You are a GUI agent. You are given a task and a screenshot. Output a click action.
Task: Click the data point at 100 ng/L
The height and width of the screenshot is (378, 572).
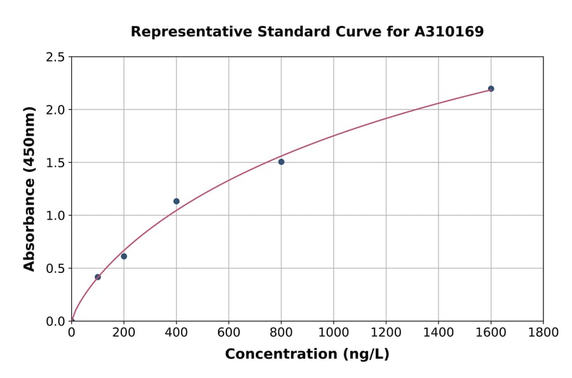click(x=97, y=277)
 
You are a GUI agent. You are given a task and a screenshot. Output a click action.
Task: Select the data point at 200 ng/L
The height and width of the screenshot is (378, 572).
click(x=124, y=256)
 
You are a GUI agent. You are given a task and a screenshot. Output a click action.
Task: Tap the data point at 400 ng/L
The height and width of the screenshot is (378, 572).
click(x=176, y=201)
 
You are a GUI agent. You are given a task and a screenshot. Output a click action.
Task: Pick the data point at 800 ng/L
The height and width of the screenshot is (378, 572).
click(x=281, y=162)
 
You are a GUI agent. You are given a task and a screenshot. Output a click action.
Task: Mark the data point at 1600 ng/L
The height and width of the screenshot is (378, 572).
click(x=491, y=88)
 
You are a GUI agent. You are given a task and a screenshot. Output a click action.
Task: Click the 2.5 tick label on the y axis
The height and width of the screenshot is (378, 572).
click(x=56, y=57)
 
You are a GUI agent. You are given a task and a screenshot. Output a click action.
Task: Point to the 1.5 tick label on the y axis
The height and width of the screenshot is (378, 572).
click(x=56, y=163)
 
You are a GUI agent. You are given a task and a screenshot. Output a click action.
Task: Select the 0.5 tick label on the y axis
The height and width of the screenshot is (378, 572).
click(x=56, y=269)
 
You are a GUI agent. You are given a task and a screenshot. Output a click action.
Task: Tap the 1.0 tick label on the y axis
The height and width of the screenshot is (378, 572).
click(x=56, y=216)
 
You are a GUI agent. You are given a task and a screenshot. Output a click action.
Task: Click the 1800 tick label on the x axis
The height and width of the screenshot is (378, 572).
click(x=543, y=333)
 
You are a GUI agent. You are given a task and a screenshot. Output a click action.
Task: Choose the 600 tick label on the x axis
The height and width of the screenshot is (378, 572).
click(x=228, y=333)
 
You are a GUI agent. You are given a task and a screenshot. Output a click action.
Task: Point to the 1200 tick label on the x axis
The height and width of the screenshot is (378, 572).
click(x=386, y=333)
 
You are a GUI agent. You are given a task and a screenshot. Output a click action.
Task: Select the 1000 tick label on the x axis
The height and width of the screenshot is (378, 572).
click(x=333, y=333)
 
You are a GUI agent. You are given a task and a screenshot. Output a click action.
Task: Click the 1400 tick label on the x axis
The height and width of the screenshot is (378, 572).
click(x=438, y=333)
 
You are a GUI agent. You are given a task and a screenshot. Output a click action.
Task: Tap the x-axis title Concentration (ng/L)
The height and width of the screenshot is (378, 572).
click(x=307, y=354)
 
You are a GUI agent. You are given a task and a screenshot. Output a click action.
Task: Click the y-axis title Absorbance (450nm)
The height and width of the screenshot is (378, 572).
click(x=29, y=188)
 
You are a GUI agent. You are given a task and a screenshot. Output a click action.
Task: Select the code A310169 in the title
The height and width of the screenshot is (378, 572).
click(x=449, y=31)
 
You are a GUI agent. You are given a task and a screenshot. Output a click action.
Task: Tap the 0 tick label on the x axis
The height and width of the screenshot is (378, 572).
click(x=71, y=333)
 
